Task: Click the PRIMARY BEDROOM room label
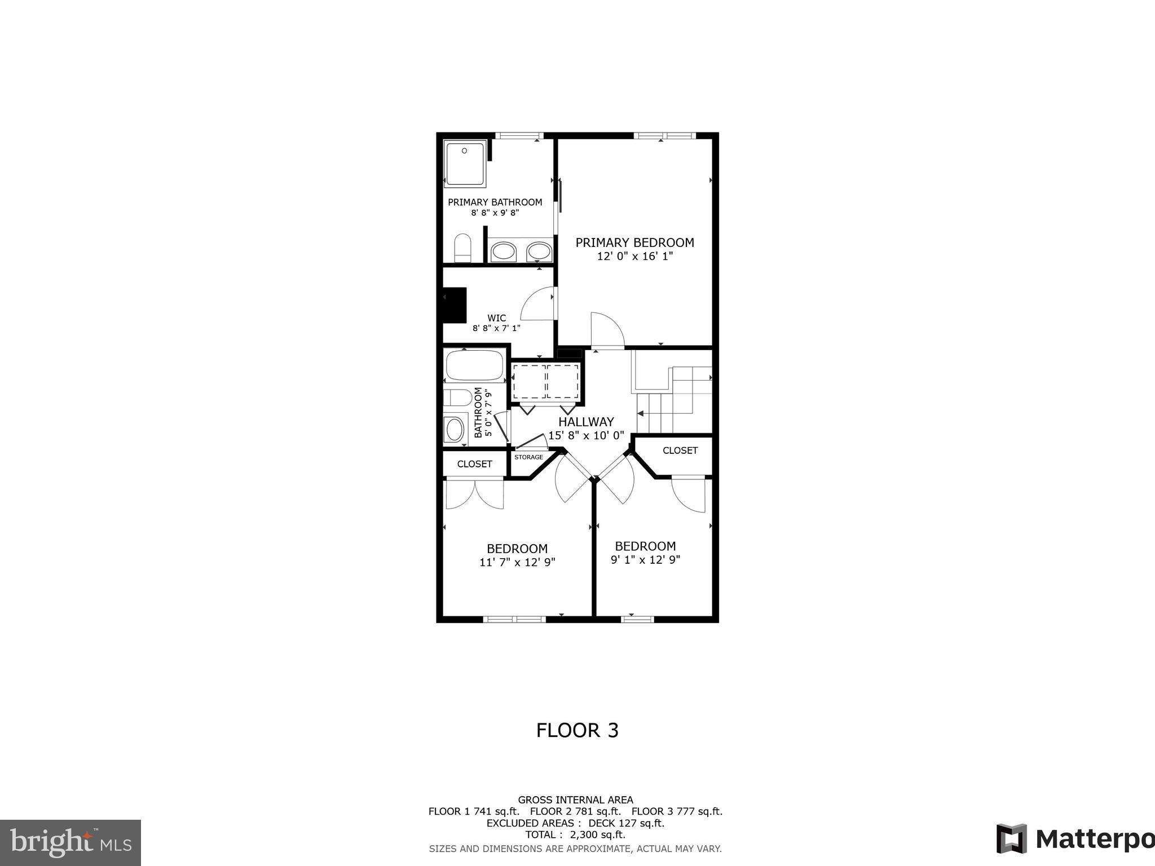click(634, 242)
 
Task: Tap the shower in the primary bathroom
click(465, 164)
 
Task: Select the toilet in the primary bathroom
click(462, 248)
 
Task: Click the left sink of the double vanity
click(503, 251)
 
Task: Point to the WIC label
click(496, 318)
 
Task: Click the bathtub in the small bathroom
click(474, 365)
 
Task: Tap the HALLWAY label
click(586, 422)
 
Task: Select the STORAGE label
click(528, 457)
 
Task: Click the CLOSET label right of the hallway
click(680, 450)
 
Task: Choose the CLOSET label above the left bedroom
click(474, 464)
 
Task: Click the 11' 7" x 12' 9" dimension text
click(517, 562)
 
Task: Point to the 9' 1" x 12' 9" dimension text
click(645, 560)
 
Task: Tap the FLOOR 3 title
click(577, 730)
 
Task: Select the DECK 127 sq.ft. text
click(626, 823)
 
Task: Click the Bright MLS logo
click(70, 843)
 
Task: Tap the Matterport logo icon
click(1011, 839)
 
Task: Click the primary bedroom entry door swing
click(607, 330)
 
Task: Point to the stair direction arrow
click(641, 414)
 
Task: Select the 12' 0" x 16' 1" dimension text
click(634, 257)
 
